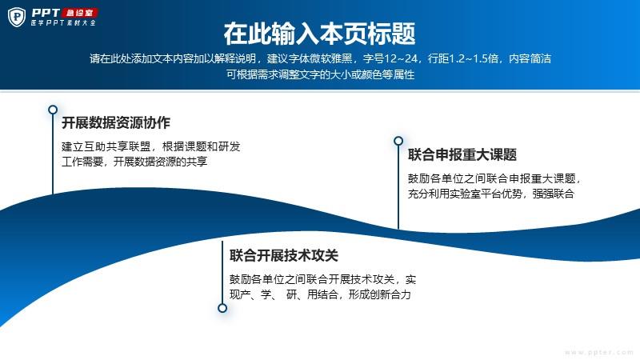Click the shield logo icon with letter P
(x=17, y=18)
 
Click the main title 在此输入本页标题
(x=319, y=34)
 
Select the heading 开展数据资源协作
(x=116, y=122)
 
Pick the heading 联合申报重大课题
(x=462, y=154)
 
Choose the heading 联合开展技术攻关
(x=284, y=255)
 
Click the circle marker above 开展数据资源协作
(x=53, y=110)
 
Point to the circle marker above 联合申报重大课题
(x=398, y=141)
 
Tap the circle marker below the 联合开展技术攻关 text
(x=222, y=308)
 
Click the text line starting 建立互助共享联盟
(x=150, y=146)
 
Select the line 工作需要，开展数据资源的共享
(x=134, y=162)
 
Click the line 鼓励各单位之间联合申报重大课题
(x=494, y=178)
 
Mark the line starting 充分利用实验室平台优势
(x=491, y=194)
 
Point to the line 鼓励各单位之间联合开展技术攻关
(x=323, y=279)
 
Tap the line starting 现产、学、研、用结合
(x=320, y=294)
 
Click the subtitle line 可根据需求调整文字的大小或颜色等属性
(x=321, y=74)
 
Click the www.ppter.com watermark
(x=598, y=352)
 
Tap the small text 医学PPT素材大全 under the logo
(x=63, y=23)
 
